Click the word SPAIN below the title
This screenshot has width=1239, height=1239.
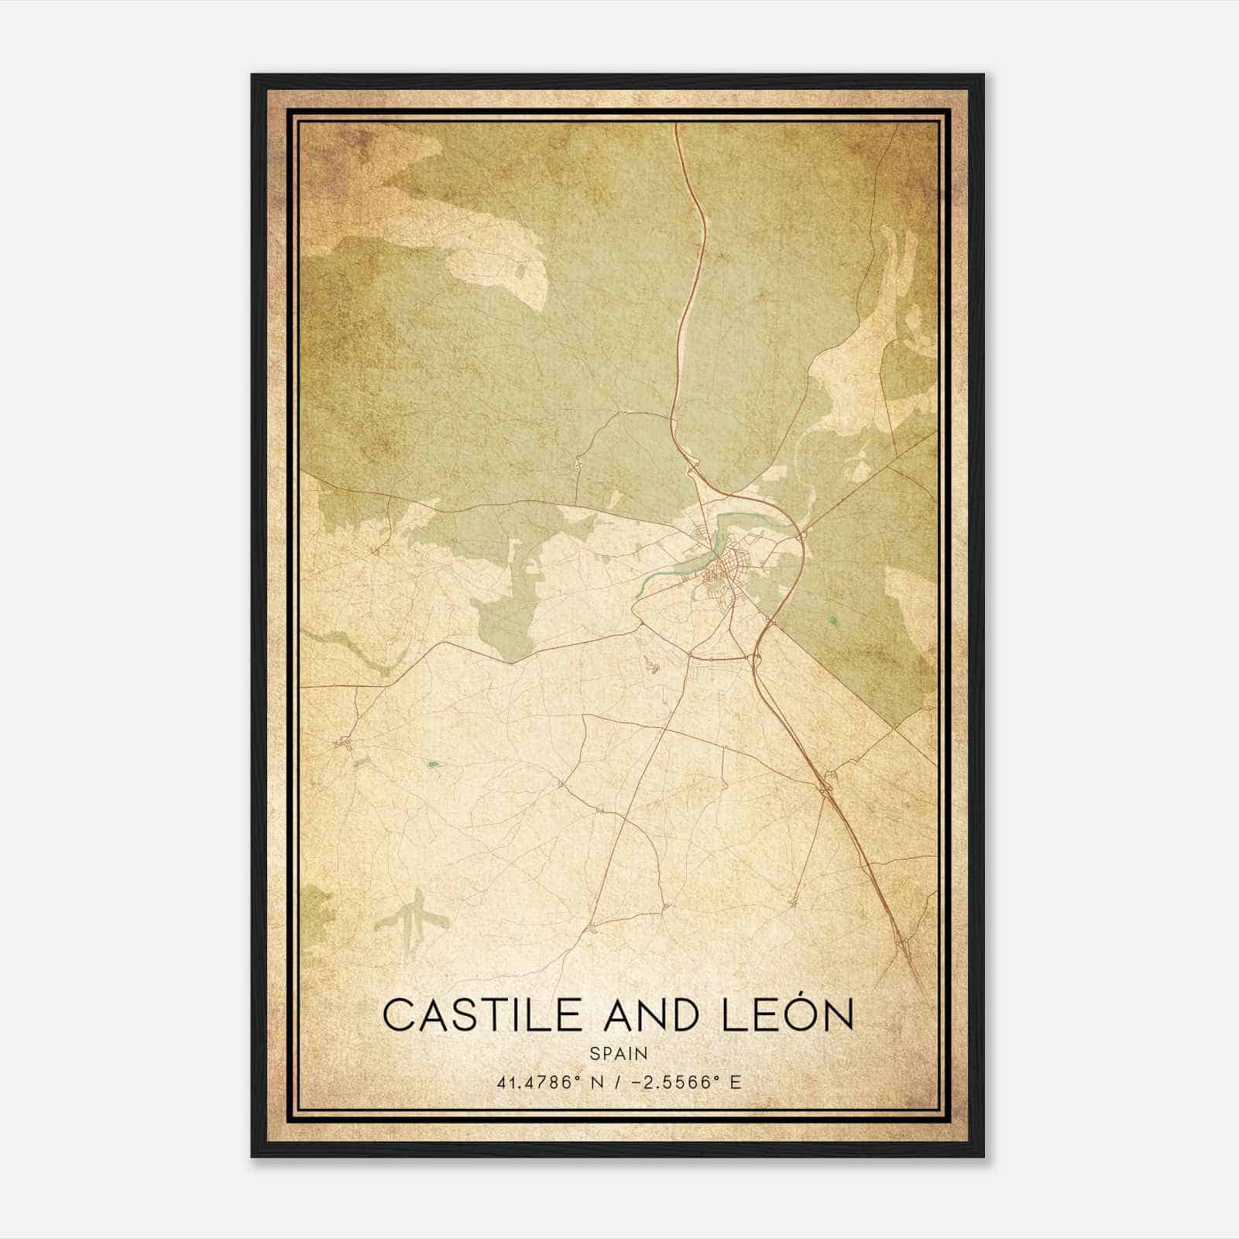[x=619, y=1053]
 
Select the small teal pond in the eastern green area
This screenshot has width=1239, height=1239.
[x=832, y=619]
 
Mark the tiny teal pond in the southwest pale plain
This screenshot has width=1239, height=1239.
[x=433, y=765]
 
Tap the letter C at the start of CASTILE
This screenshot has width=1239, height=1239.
[x=396, y=1015]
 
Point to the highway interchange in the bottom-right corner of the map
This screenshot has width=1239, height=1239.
[x=903, y=942]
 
